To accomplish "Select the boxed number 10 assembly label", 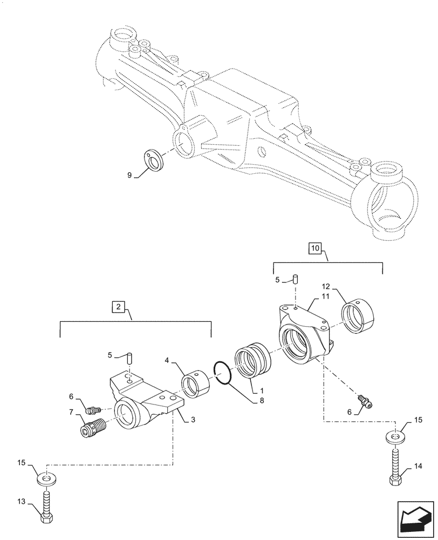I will point(315,248).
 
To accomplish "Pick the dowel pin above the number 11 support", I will point(296,279).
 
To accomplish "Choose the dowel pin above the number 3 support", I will point(129,357).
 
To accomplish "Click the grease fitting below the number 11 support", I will point(365,400).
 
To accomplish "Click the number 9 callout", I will point(129,175).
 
